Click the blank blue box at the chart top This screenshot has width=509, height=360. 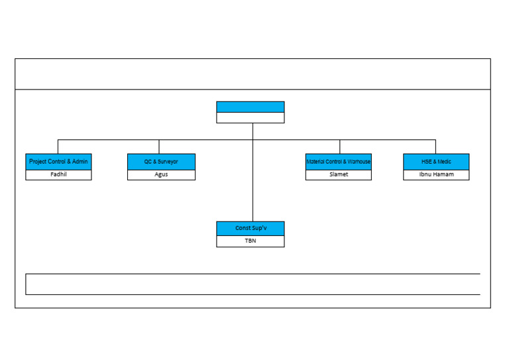tap(250, 107)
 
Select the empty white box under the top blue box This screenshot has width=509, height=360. tap(250, 118)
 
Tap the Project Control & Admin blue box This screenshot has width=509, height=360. tap(58, 162)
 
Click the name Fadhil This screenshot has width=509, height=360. tap(58, 175)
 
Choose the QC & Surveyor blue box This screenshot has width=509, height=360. tap(161, 162)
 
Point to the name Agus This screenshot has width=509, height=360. tap(161, 175)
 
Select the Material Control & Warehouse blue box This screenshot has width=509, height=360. tap(338, 162)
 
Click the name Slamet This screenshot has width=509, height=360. tap(338, 175)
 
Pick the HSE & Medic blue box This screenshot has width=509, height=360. tap(436, 162)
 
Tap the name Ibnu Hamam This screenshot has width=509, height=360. tap(436, 175)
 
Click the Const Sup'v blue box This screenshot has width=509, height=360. tap(250, 229)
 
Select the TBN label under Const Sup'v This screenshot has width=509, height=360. tap(250, 241)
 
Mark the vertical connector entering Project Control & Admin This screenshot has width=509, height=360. tap(58, 147)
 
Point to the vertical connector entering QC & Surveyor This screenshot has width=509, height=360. tap(159, 147)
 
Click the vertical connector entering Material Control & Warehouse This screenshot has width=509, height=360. tap(340, 147)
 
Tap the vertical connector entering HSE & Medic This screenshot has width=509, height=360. tap(435, 147)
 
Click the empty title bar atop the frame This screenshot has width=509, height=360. tap(253, 74)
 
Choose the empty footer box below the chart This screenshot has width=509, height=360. tap(253, 284)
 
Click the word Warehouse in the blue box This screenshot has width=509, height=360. tap(359, 162)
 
